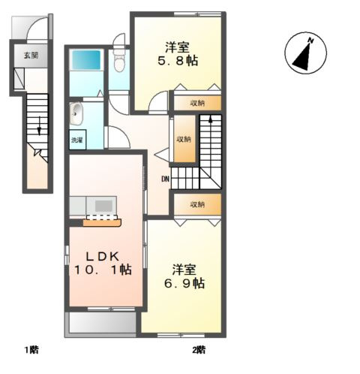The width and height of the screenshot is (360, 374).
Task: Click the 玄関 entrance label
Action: [x=31, y=56]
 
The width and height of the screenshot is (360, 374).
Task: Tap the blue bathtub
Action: [x=86, y=60]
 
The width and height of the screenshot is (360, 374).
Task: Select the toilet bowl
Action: [x=119, y=62]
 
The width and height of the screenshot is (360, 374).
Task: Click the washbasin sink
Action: [x=76, y=114]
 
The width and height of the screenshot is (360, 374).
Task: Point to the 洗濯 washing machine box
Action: [x=77, y=140]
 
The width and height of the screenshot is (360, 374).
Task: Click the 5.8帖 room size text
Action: [x=178, y=61]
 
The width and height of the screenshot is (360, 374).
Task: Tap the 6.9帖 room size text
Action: [x=184, y=284]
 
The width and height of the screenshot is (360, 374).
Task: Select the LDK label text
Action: [x=102, y=257]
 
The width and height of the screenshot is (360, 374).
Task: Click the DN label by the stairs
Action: [x=165, y=179]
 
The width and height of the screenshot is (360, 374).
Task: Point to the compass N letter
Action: [x=310, y=41]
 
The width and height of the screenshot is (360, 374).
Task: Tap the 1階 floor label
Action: [x=31, y=349]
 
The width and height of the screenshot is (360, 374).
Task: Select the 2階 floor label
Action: [x=199, y=349]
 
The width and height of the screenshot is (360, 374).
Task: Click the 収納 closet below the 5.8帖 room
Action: [x=197, y=103]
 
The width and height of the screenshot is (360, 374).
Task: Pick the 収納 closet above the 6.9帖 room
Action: [x=197, y=204]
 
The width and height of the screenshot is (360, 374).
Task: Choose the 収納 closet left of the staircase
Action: [x=184, y=139]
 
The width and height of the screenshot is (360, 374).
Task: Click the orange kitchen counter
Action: [x=102, y=222]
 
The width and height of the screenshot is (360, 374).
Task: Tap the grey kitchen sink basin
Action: [x=103, y=206]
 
